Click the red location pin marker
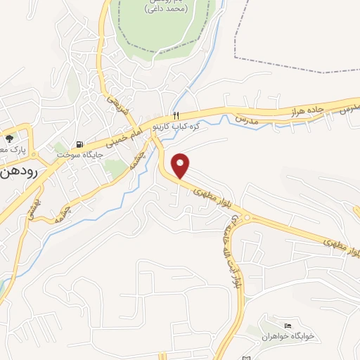(181, 165)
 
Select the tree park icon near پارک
(10, 139)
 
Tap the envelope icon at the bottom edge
(245, 358)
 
